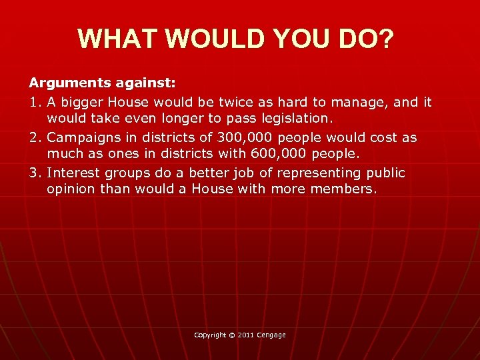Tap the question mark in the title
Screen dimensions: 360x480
pyautogui.click(x=386, y=39)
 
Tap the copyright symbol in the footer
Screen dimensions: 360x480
pyautogui.click(x=231, y=335)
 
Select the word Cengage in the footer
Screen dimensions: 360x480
pyautogui.click(x=272, y=335)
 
